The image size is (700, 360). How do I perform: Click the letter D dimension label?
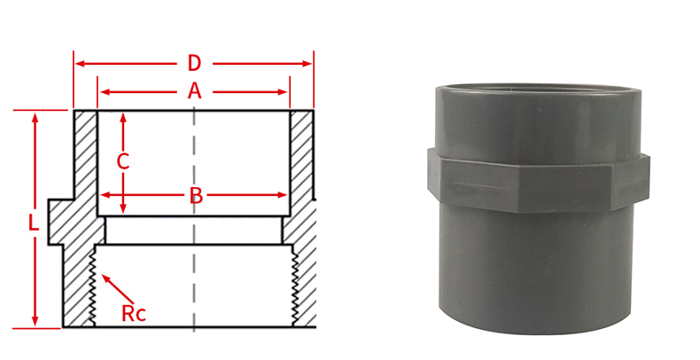pyautogui.click(x=194, y=63)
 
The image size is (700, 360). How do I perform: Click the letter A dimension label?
pyautogui.click(x=194, y=90)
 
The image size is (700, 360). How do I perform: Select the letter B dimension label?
pyautogui.click(x=196, y=195)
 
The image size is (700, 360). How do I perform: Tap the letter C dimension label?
pyautogui.click(x=124, y=161)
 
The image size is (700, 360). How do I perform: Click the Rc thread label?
pyautogui.click(x=134, y=312)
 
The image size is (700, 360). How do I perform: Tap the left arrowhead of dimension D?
pyautogui.click(x=79, y=64)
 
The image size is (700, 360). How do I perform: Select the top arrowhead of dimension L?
pyautogui.click(x=35, y=116)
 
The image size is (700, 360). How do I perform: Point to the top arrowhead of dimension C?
pyautogui.click(x=124, y=116)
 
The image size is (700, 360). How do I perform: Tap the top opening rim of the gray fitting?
pyautogui.click(x=532, y=90)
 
